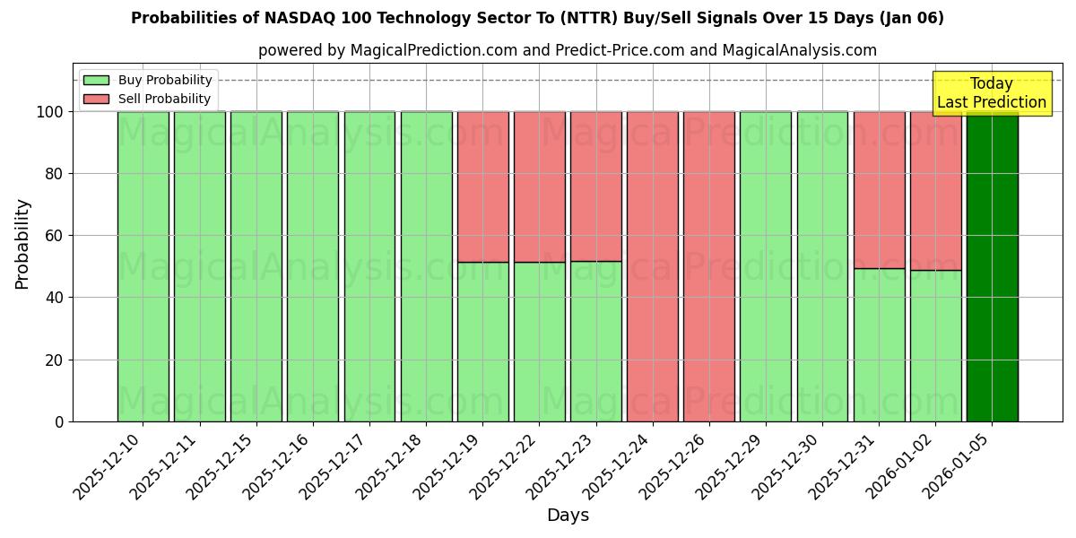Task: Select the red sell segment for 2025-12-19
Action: [483, 187]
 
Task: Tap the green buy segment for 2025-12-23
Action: [596, 341]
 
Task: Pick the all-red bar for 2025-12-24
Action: [653, 266]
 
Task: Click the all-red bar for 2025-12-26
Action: [709, 266]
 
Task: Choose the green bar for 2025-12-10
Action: [143, 266]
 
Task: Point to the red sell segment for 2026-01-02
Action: [935, 190]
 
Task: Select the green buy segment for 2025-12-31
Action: [879, 345]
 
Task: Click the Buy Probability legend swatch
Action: [96, 81]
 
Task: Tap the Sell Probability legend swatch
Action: [96, 100]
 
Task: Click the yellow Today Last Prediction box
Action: [991, 93]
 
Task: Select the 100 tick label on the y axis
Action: [49, 112]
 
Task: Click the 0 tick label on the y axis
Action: [59, 421]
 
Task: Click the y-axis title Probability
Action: [22, 243]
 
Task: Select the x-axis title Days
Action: [568, 516]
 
